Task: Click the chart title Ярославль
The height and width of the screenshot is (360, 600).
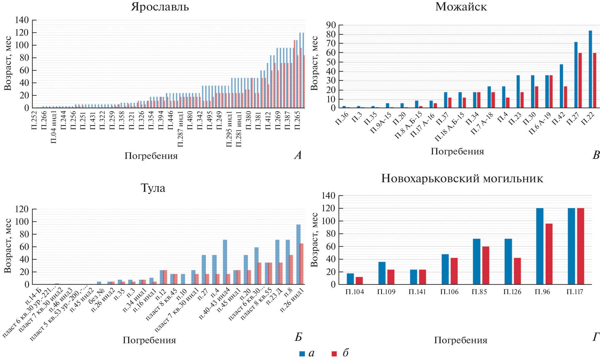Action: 160,7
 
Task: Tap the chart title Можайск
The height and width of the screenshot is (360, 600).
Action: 461,7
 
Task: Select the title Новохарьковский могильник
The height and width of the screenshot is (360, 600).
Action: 462,179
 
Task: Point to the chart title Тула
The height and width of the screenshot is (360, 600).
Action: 153,188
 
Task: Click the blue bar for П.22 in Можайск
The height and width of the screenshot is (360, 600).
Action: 590,69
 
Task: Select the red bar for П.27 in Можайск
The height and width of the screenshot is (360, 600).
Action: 580,80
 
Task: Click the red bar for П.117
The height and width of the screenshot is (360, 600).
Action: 580,246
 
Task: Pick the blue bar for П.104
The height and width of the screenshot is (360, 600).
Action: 350,279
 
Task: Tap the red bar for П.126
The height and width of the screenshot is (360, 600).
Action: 517,271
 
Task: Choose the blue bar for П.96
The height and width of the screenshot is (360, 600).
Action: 540,246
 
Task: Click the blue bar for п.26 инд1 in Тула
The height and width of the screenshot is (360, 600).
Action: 298,254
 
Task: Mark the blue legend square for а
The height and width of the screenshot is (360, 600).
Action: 302,354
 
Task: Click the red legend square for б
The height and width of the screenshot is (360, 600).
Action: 334,354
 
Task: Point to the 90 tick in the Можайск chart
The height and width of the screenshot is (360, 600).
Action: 331,25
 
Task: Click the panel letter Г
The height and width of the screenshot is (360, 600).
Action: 596,337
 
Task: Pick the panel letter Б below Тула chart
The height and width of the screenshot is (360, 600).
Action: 298,337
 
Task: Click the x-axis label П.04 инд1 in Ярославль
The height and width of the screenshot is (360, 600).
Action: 54,131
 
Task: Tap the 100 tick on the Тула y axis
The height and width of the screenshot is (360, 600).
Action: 22,222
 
